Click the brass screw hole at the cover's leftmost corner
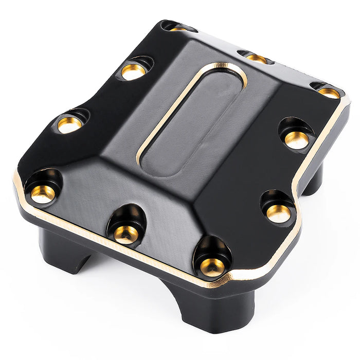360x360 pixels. [42, 193]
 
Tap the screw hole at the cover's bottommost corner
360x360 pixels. [212, 266]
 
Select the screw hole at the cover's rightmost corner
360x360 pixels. [329, 93]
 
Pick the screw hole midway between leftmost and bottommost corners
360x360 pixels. [125, 234]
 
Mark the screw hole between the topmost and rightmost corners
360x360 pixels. [256, 58]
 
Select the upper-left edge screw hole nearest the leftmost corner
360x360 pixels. [69, 124]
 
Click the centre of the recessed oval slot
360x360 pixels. [193, 118]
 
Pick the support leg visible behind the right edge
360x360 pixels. [314, 180]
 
